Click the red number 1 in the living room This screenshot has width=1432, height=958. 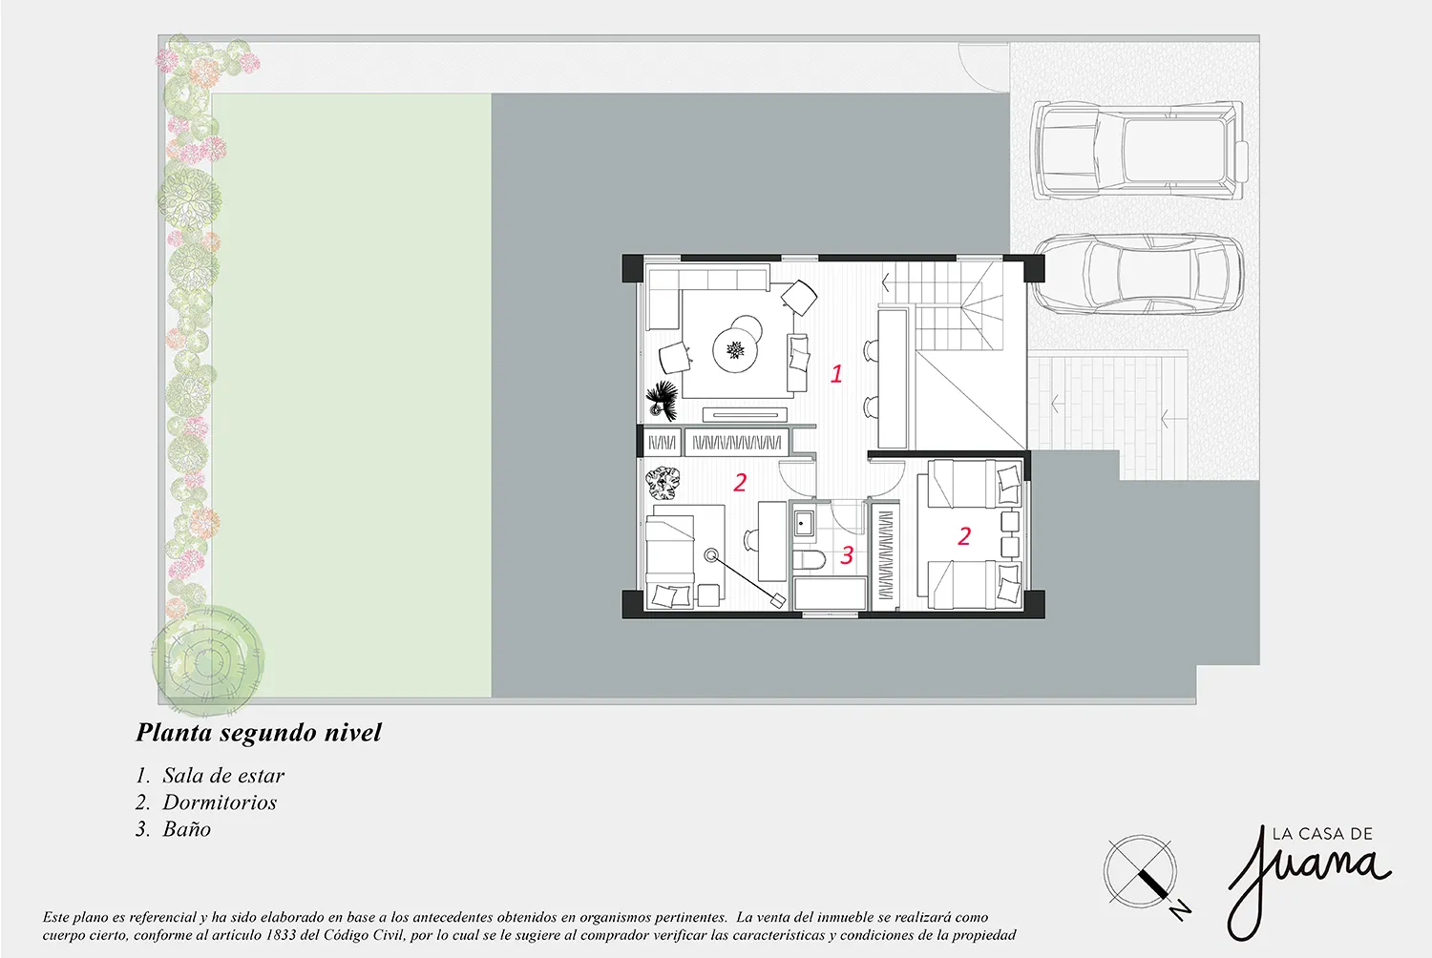point(836,373)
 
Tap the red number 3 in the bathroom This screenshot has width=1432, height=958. point(847,554)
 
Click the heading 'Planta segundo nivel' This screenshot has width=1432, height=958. point(259,733)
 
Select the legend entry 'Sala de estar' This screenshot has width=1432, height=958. point(223,775)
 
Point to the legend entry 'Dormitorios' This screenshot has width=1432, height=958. point(220,802)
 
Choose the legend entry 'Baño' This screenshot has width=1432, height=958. point(186,829)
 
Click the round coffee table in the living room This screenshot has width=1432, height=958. point(736,349)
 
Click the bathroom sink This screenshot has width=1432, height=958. point(803,522)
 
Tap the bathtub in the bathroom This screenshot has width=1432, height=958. point(830,594)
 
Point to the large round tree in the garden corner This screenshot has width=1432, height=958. point(208,659)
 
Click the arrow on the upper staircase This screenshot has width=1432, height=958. point(886,282)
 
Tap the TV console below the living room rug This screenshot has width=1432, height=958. point(745,415)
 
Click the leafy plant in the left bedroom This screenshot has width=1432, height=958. point(662,484)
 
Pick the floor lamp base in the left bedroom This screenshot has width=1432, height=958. point(711,555)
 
